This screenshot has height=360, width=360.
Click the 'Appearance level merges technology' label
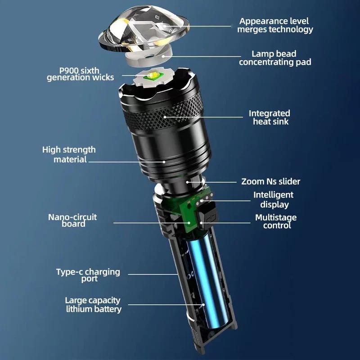[x=275, y=25]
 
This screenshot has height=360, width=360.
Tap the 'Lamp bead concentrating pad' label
[x=275, y=58]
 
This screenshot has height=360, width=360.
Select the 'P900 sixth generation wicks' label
[x=80, y=74]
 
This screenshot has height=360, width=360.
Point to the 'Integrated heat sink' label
[x=270, y=117]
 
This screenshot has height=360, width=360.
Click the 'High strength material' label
[x=69, y=154]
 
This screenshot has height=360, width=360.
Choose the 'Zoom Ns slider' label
[x=270, y=182]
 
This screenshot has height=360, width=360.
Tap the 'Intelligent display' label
[x=273, y=199]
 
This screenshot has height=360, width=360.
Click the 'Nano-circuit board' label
[x=72, y=220]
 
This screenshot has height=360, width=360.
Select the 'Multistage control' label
[x=276, y=221]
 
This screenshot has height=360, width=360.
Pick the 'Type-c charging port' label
[x=88, y=275]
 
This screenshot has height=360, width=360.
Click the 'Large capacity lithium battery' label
[x=93, y=305]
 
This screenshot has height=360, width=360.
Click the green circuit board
[x=191, y=214]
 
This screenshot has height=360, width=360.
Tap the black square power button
[x=207, y=213]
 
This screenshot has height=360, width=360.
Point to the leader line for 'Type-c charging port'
[x=153, y=274]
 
